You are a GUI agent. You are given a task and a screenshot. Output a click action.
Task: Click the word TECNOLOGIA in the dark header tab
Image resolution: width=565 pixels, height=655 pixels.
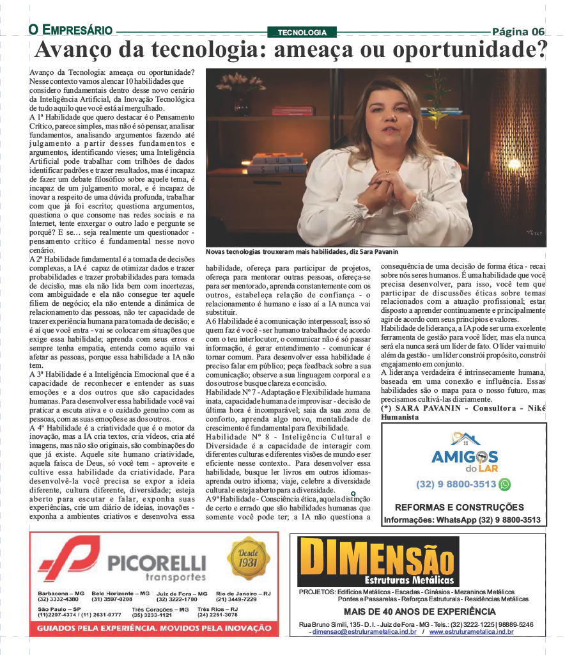coord(302,32)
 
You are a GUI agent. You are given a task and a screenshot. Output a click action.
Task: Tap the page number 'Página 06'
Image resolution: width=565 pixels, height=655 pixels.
coord(518,31)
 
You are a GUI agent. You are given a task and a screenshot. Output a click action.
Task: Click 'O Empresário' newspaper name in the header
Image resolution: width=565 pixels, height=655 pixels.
coord(70,30)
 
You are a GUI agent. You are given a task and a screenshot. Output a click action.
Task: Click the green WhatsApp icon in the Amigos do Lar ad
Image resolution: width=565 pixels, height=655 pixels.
coord(505,484)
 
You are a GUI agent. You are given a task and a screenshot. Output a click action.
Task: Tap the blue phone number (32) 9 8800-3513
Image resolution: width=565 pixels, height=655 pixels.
coord(456,484)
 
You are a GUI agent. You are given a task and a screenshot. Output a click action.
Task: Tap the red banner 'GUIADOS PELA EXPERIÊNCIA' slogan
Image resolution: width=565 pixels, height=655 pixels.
coord(154,628)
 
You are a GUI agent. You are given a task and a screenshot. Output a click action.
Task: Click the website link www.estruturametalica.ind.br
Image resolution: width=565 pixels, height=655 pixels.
coord(471,631)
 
